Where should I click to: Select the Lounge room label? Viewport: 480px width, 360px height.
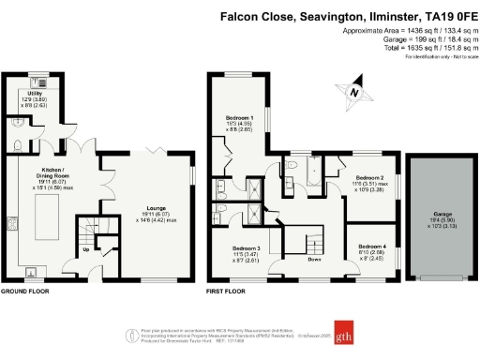154,212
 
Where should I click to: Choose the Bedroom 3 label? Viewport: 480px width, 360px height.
245,248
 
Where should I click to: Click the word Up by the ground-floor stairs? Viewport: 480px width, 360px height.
87,250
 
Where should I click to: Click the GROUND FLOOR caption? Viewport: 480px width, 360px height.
24,292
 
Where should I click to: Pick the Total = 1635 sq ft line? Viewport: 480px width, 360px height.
416,47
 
